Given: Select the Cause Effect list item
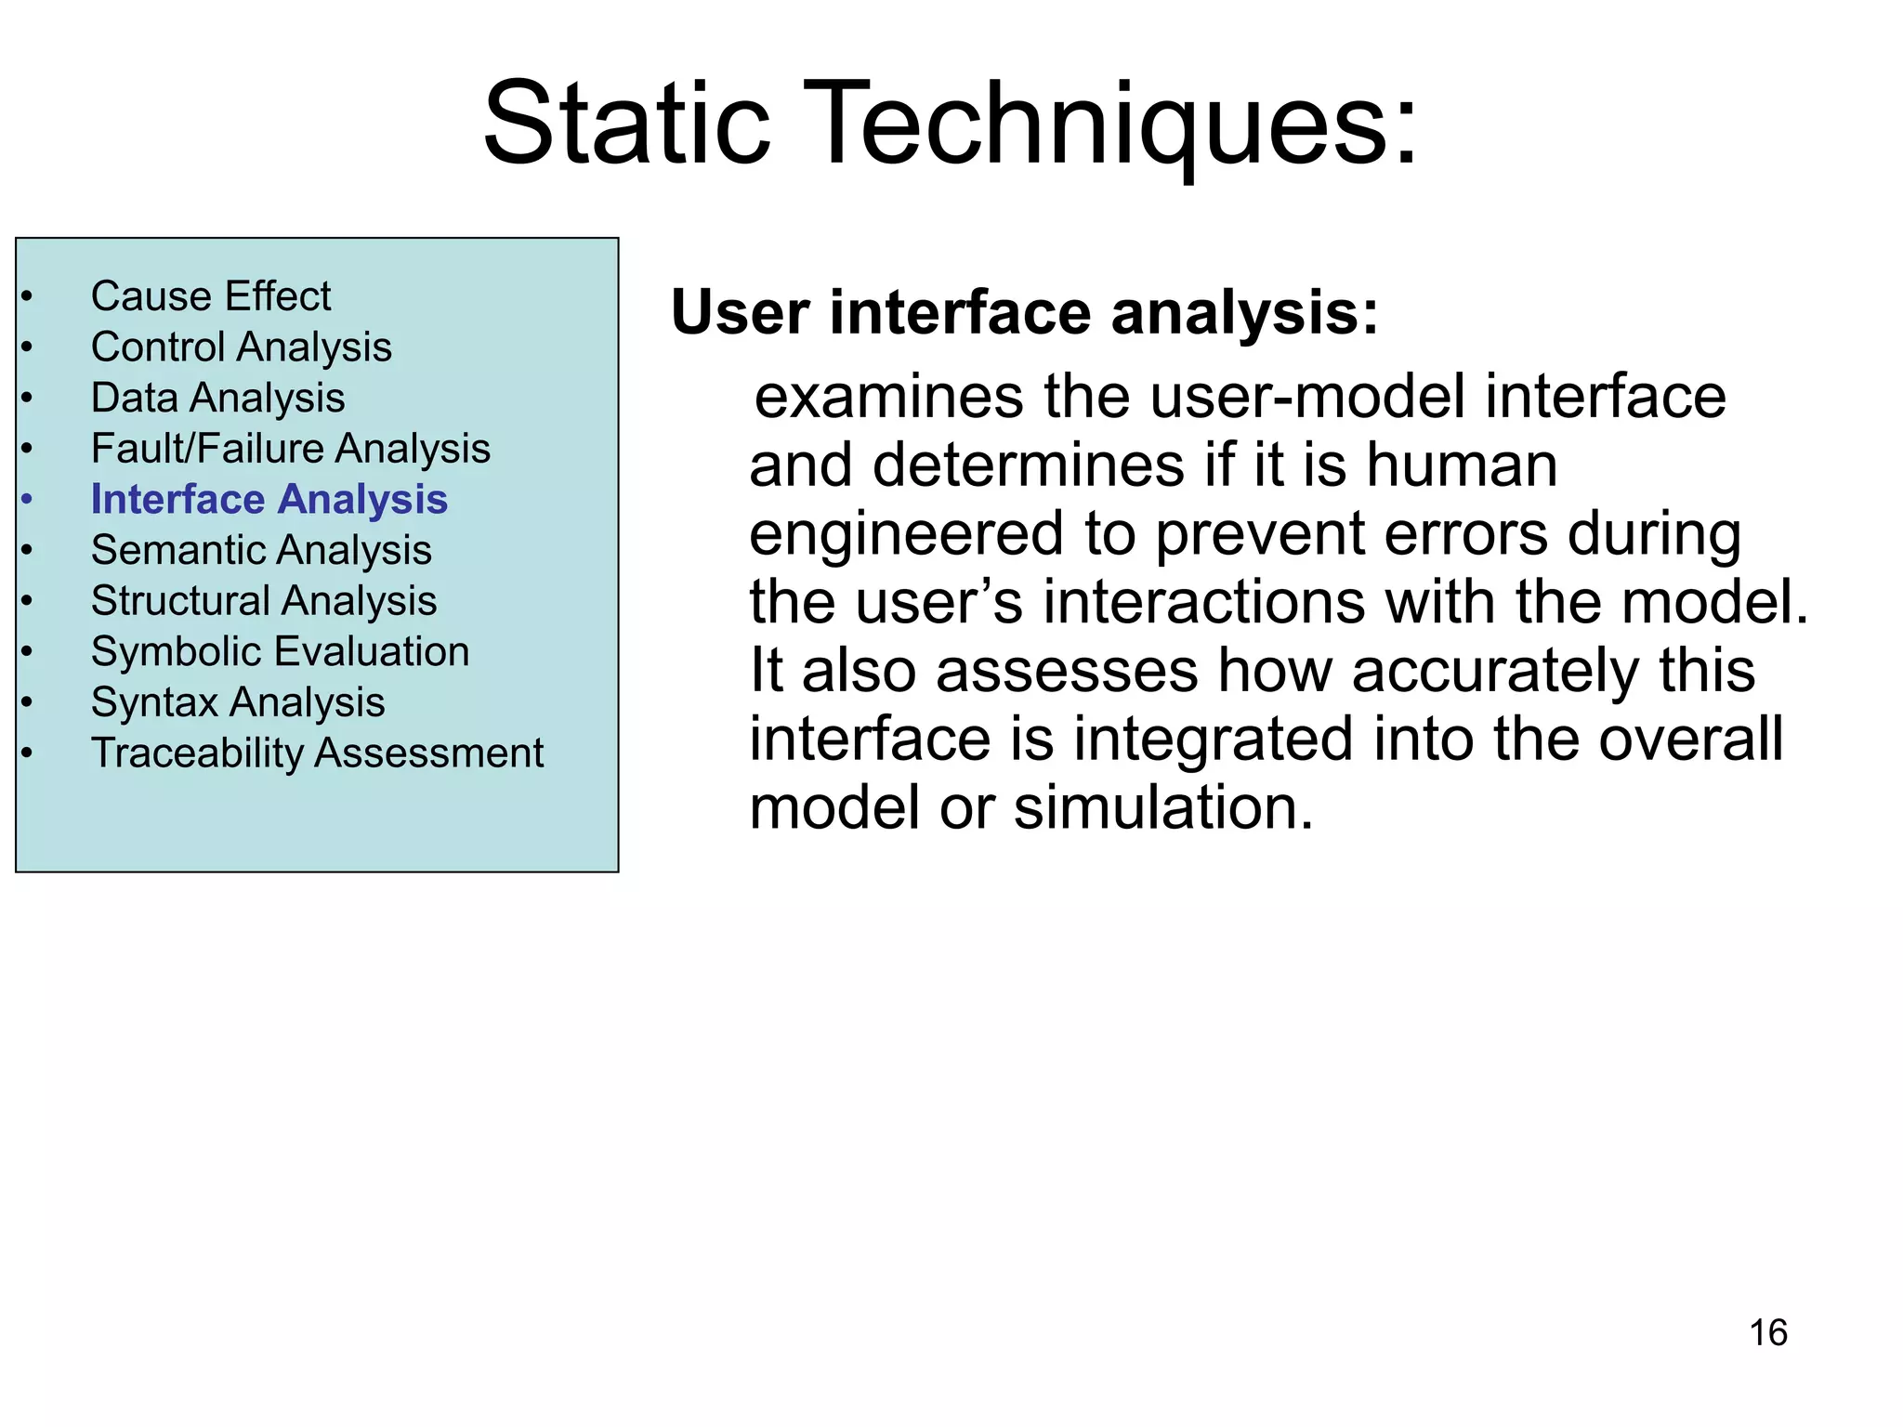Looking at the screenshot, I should click(x=211, y=296).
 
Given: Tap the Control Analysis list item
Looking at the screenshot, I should click(x=242, y=347).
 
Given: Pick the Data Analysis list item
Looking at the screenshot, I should click(x=218, y=398).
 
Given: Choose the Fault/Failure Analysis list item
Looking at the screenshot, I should click(x=291, y=449).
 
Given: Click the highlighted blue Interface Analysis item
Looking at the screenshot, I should click(x=269, y=500).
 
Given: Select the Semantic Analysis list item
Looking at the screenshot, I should click(x=261, y=550).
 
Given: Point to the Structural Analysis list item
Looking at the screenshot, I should click(x=264, y=601).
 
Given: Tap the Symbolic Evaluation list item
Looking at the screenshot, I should click(x=280, y=651).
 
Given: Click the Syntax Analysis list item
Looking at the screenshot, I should click(x=238, y=702).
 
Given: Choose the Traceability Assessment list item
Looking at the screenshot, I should click(x=317, y=753).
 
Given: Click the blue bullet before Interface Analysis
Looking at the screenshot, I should click(x=27, y=500).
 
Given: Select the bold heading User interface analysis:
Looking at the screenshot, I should click(x=1024, y=312).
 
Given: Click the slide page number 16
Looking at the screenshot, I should click(x=1767, y=1332).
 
